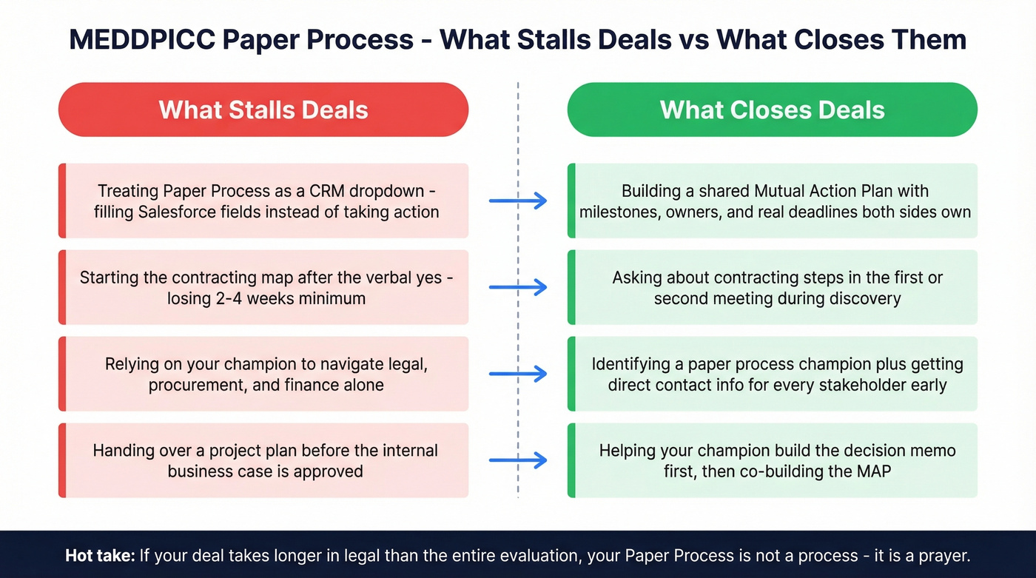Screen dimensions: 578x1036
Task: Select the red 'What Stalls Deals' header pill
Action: pos(263,110)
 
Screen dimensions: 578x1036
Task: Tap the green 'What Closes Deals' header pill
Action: pos(772,110)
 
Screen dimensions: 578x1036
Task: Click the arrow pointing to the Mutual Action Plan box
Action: pos(518,201)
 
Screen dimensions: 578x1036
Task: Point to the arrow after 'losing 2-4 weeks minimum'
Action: pos(518,287)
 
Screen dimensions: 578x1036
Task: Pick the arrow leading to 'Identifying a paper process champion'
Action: pos(518,374)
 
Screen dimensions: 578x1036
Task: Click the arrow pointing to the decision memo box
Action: pos(518,460)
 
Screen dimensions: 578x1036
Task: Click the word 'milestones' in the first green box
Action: pos(616,212)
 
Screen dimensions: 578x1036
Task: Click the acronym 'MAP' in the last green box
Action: pos(874,471)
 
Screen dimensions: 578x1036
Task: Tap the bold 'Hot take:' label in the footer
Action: pos(98,555)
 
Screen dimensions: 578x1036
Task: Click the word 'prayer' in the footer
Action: pos(942,555)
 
